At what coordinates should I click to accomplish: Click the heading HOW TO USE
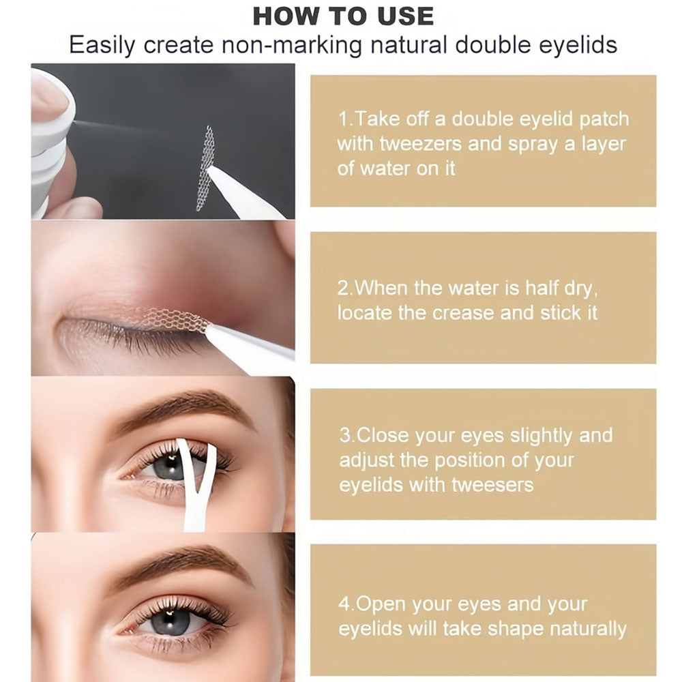tap(343, 16)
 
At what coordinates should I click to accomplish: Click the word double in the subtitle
tap(493, 45)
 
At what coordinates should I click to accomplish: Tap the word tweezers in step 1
tap(421, 144)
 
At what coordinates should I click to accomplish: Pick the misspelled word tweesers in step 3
tap(492, 484)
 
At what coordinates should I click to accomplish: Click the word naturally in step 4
tap(588, 629)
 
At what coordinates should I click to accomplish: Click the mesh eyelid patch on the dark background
tap(205, 168)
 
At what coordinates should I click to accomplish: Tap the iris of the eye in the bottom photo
tap(170, 622)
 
